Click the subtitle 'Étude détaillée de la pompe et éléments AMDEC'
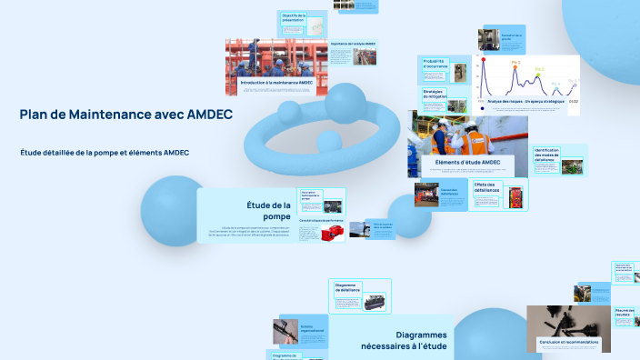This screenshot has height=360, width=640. pyautogui.click(x=104, y=152)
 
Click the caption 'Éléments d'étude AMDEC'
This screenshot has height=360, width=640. pyautogui.click(x=467, y=163)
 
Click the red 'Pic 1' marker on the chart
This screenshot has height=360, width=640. pyautogui.click(x=485, y=61)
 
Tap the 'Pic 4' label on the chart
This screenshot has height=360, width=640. pyautogui.click(x=556, y=84)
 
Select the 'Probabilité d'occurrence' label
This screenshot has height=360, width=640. pyautogui.click(x=435, y=64)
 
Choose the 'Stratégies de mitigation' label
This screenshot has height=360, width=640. pyautogui.click(x=435, y=94)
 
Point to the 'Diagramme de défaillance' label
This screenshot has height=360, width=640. pyautogui.click(x=348, y=287)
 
